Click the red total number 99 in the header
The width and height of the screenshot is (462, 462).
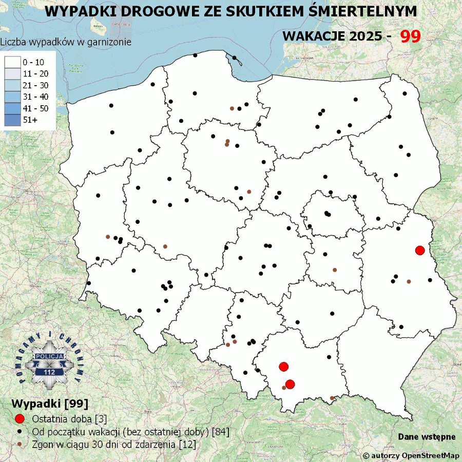coord(411,36)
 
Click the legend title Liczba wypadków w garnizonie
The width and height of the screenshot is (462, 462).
coord(66,42)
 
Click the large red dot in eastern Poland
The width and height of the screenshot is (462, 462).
coord(419,251)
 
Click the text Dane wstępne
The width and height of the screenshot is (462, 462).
coord(427,437)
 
